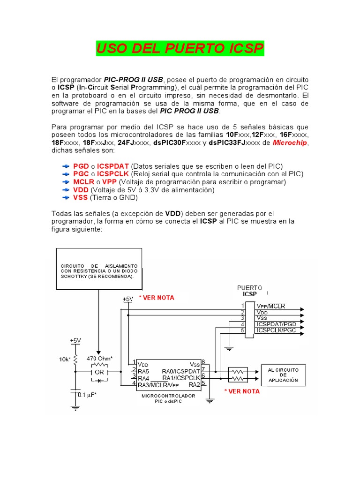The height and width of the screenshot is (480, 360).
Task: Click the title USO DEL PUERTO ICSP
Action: tap(180, 48)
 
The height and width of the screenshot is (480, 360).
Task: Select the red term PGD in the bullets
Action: tap(81, 166)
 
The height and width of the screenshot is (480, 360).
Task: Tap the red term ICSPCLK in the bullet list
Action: tap(113, 174)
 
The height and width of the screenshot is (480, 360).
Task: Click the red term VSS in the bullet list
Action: tap(81, 198)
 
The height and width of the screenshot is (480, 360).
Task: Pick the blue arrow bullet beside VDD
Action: tap(65, 190)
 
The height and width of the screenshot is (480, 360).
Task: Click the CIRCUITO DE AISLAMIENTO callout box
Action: tap(99, 270)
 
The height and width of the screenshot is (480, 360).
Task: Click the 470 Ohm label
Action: tap(99, 359)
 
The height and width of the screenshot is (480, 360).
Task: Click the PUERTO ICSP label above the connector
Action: tap(250, 291)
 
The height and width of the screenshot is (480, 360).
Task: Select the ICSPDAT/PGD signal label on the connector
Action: tap(276, 324)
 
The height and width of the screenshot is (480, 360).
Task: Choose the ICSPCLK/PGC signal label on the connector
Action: tap(276, 330)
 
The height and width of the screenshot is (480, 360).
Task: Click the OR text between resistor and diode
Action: tap(99, 372)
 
